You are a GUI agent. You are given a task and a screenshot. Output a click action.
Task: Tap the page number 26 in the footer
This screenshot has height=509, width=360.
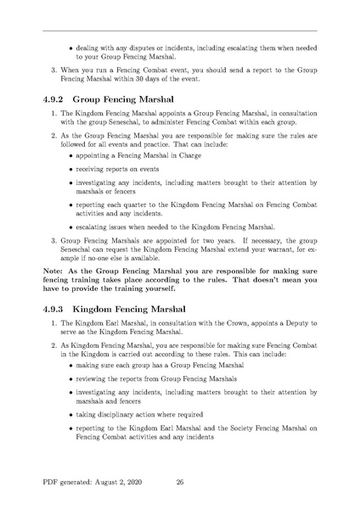coord(180,481)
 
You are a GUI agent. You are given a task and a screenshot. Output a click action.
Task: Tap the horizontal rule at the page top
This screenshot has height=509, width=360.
coord(180,31)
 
